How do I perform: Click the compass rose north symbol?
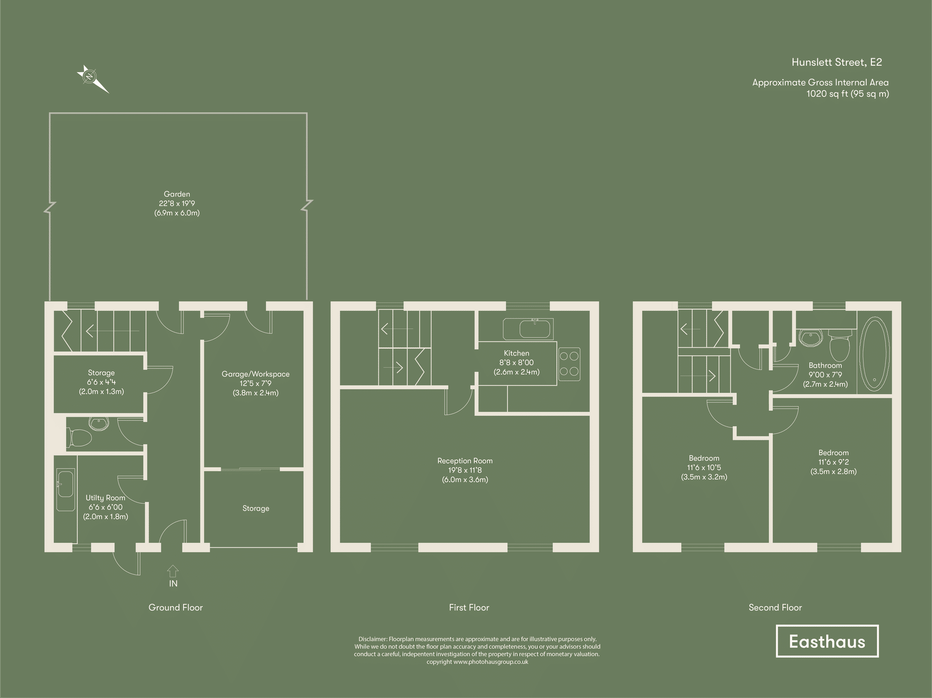tap(89, 76)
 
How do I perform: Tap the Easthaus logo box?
tap(827, 642)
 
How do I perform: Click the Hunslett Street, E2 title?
tap(836, 62)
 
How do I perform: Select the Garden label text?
tap(177, 194)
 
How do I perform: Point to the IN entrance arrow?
tap(173, 572)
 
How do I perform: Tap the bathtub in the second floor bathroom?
tap(875, 355)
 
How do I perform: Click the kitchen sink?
tap(528, 329)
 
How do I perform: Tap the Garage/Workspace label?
tap(255, 374)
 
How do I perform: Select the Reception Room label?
tap(465, 461)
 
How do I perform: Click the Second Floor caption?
tap(775, 608)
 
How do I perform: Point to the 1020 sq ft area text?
tap(847, 94)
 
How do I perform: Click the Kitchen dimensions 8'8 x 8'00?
tap(516, 363)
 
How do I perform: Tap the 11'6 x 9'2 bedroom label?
tap(833, 462)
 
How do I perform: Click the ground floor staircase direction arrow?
tap(112, 331)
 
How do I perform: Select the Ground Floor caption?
tap(175, 608)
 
